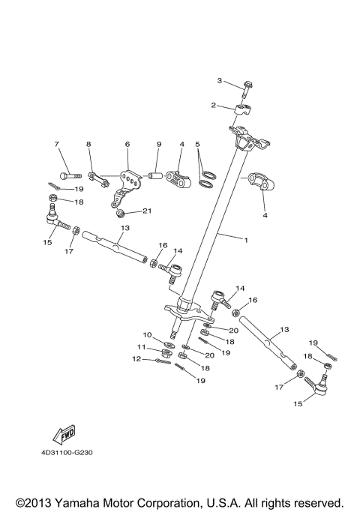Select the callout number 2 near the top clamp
(x=213, y=105)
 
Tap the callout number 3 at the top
(x=220, y=80)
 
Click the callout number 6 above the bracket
(x=127, y=143)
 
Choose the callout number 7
(x=56, y=143)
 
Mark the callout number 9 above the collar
(x=158, y=143)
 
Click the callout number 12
(x=136, y=359)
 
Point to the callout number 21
(x=148, y=211)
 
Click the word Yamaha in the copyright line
(x=94, y=502)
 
